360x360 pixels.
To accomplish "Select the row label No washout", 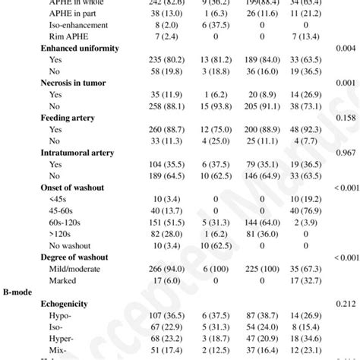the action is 71,245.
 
